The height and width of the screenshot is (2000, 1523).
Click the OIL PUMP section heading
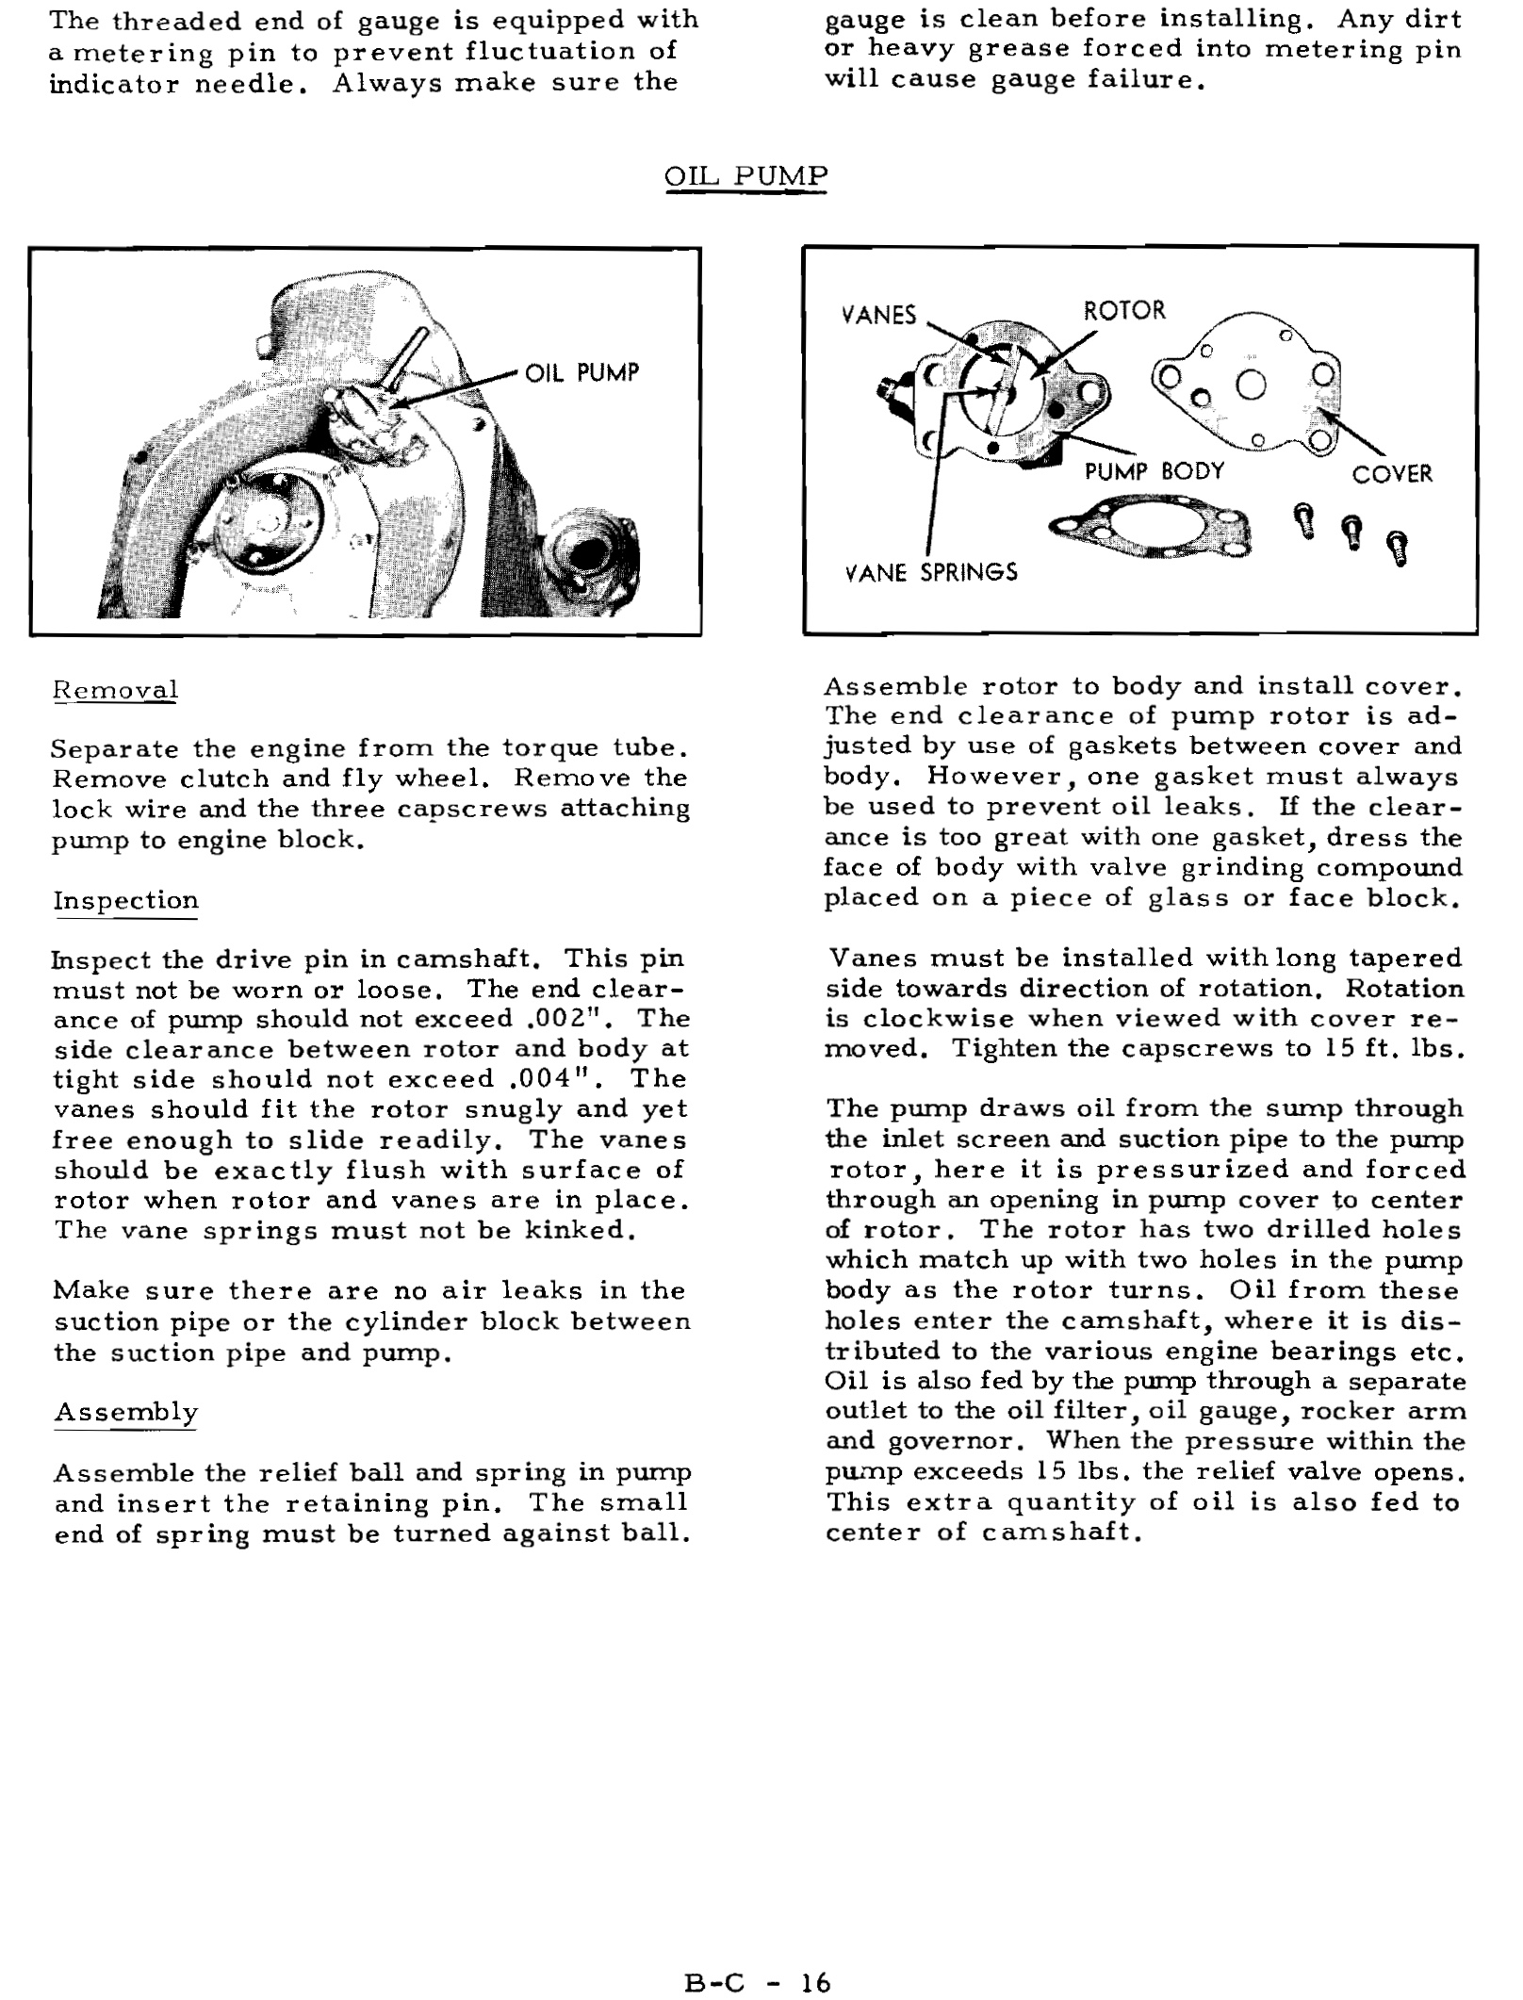[746, 176]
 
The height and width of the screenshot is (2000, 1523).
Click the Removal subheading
[115, 690]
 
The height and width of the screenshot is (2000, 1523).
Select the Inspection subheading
[125, 900]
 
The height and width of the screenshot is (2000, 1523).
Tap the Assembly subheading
[125, 1412]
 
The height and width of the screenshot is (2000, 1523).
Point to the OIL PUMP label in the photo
[581, 373]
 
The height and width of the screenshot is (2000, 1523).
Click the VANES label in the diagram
[878, 316]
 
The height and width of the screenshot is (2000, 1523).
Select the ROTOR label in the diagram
[1124, 311]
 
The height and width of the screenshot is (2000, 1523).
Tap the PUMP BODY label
[1154, 471]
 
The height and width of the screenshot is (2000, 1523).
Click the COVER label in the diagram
[1392, 474]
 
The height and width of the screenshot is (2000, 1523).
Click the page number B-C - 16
[758, 1958]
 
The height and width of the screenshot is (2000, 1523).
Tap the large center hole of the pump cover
[1252, 386]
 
